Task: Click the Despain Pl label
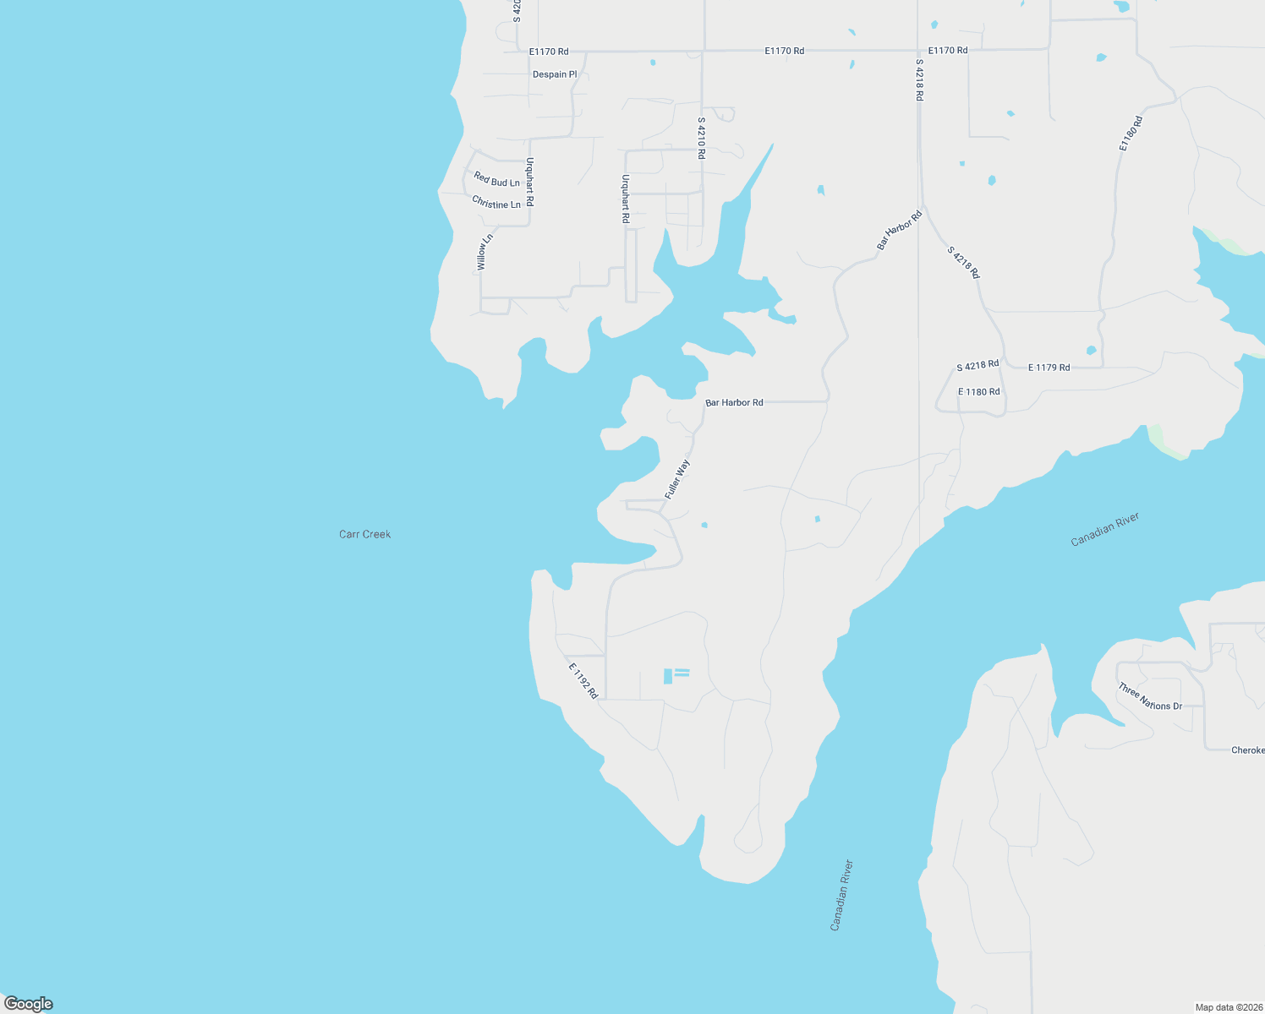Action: coord(555,74)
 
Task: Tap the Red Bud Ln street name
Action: coord(496,180)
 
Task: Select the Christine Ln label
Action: coord(496,203)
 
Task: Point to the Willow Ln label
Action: coord(483,253)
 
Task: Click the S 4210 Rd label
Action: coord(701,138)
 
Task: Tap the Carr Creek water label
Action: coord(364,534)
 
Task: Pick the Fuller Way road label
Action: coord(677,479)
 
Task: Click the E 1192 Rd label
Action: coord(583,680)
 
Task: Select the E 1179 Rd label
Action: coord(1049,368)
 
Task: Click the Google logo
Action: coord(29,1004)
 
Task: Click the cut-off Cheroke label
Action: coord(1247,750)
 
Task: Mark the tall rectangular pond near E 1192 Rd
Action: coord(668,676)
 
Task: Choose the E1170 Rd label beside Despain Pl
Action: coord(549,52)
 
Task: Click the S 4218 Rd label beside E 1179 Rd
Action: coord(977,365)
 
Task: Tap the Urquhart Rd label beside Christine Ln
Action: coord(530,182)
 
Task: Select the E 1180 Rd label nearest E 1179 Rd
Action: coord(978,392)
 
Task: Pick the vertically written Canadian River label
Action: coord(842,896)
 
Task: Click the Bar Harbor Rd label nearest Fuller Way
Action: coord(734,403)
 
